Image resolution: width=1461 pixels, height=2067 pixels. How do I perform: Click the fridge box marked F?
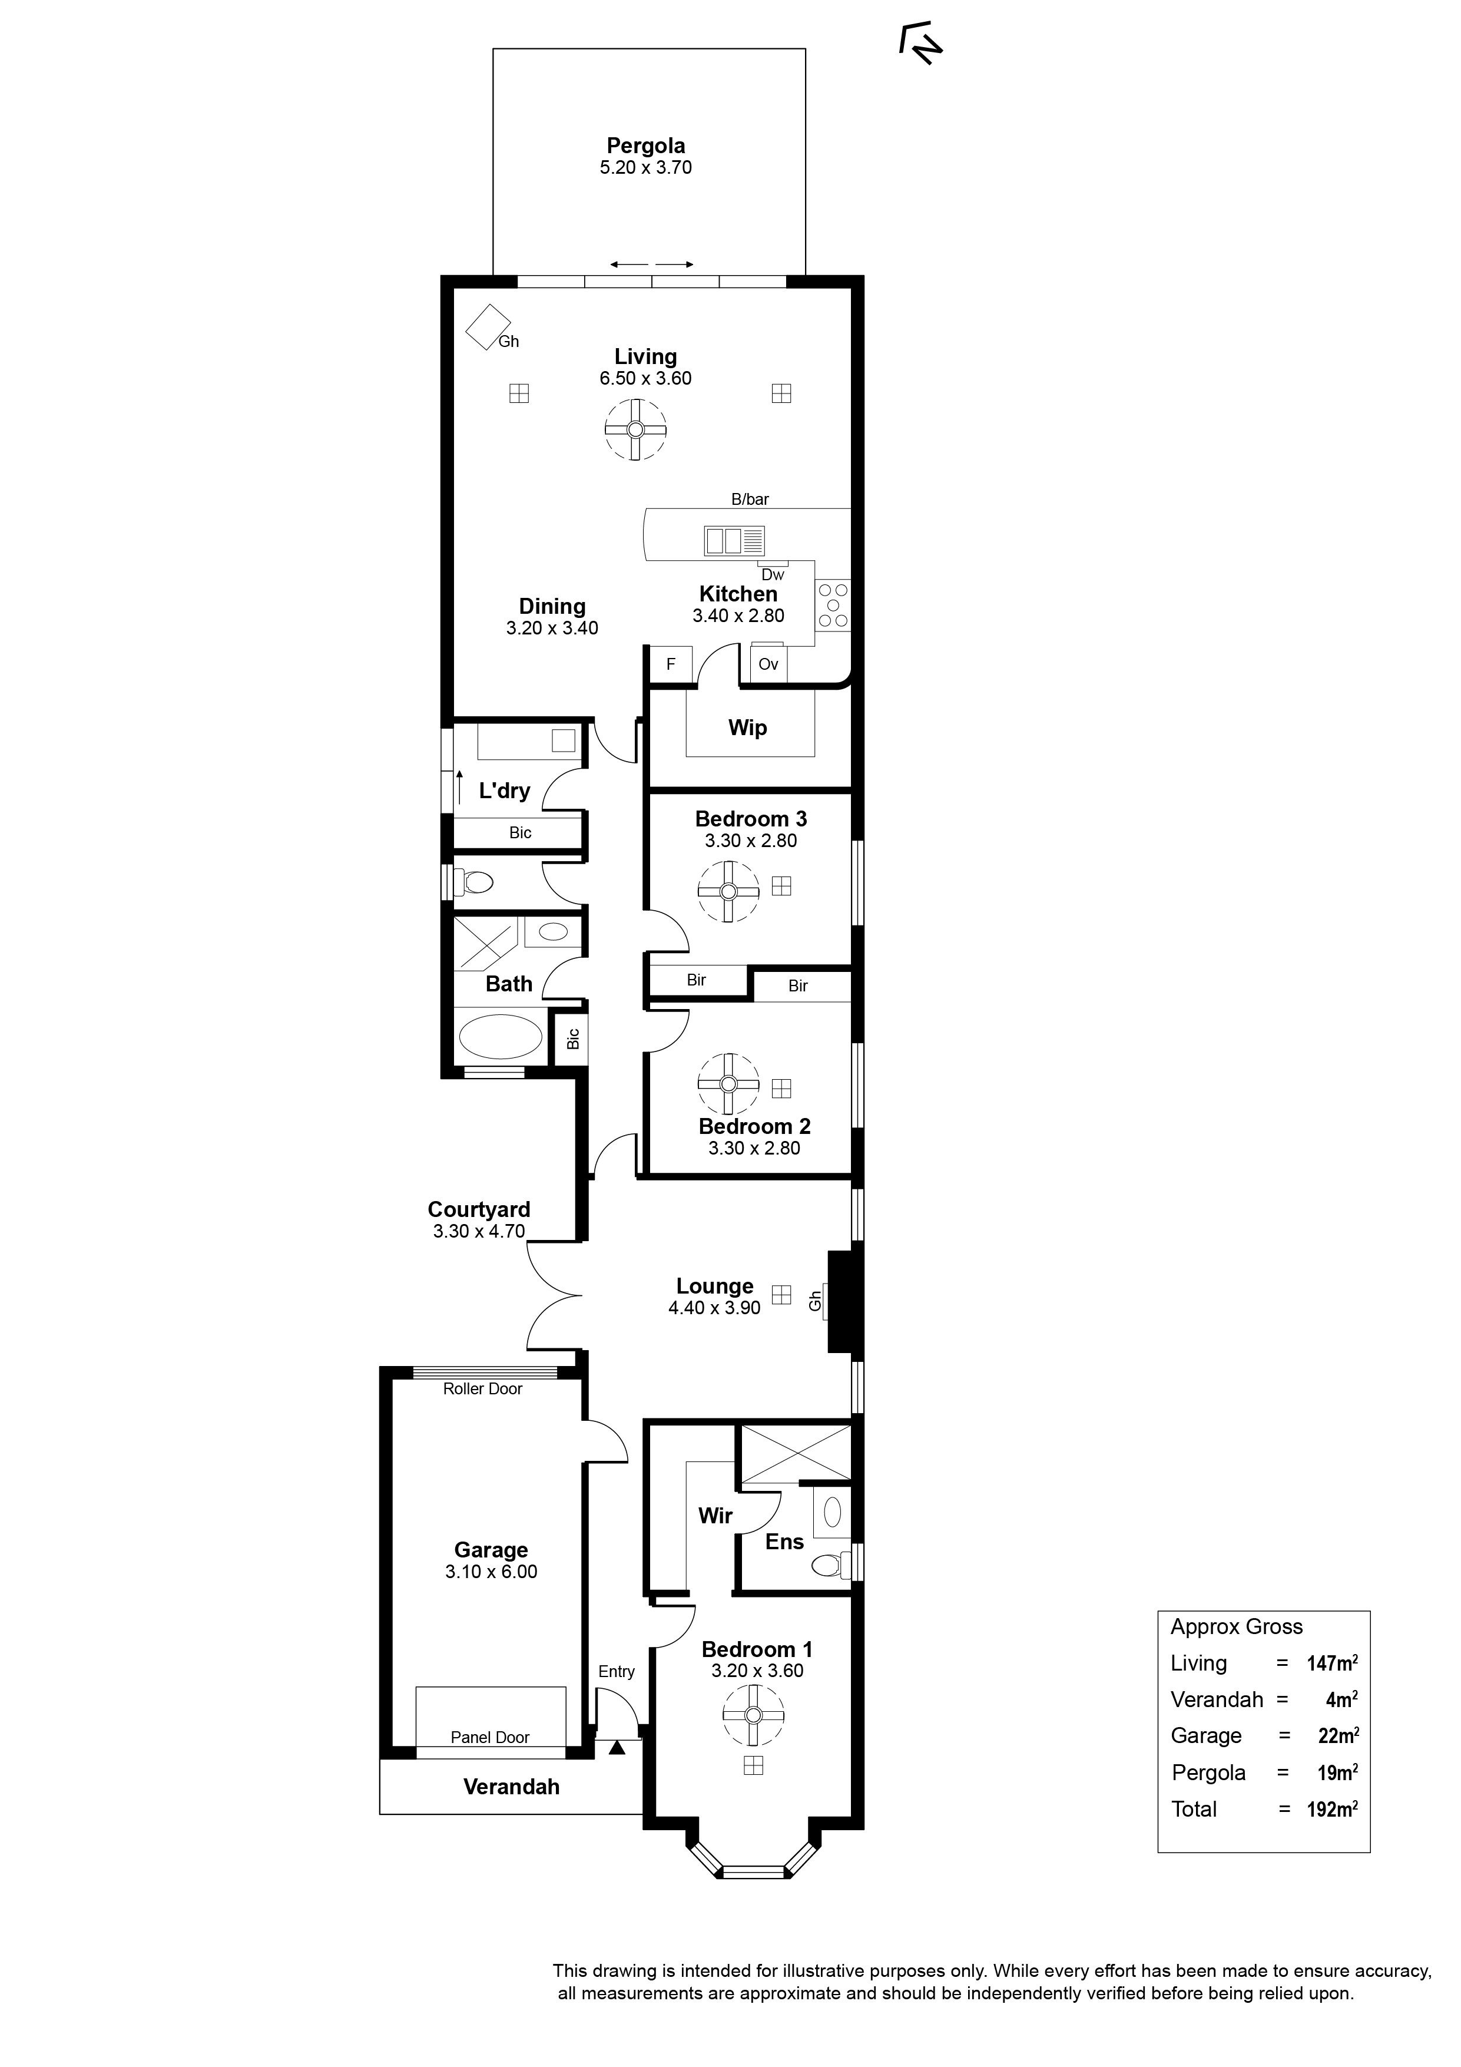[671, 664]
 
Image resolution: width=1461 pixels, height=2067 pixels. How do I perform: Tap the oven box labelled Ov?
[768, 664]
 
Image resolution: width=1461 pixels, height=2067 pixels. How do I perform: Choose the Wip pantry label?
[747, 727]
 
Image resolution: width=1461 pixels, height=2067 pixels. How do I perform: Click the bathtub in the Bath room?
[501, 1037]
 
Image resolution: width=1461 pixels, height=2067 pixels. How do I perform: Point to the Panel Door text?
[490, 1738]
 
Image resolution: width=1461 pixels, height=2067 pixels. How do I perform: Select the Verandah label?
[511, 1787]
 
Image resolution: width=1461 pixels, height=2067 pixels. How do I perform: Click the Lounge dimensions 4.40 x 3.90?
[715, 1308]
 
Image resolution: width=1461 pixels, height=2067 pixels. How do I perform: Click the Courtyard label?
[479, 1209]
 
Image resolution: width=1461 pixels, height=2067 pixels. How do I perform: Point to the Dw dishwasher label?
[773, 574]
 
